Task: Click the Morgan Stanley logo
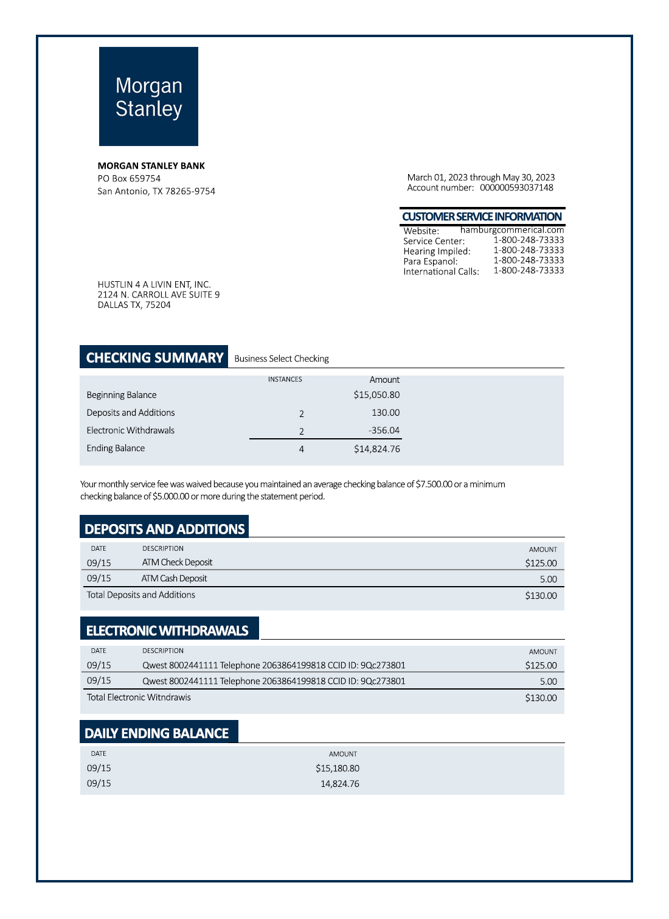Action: [148, 96]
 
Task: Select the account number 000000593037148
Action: [516, 187]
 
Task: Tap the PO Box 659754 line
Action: [129, 178]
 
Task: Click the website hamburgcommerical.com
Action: [512, 230]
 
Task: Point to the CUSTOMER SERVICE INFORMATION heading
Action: [482, 217]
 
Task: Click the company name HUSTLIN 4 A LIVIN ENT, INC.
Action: [154, 284]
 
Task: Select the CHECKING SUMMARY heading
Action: [154, 357]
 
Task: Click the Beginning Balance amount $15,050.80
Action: [376, 395]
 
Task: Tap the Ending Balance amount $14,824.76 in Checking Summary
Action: [376, 449]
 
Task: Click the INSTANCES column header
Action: [285, 379]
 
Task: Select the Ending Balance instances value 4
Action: [301, 449]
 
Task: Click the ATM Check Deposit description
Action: [177, 562]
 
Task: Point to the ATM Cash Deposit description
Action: [174, 578]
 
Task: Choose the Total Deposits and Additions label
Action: [140, 595]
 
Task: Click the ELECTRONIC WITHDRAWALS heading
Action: [167, 631]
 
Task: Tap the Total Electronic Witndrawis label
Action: [139, 697]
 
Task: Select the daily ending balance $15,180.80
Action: [337, 768]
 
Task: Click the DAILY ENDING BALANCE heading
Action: [157, 733]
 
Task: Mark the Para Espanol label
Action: [430, 261]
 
